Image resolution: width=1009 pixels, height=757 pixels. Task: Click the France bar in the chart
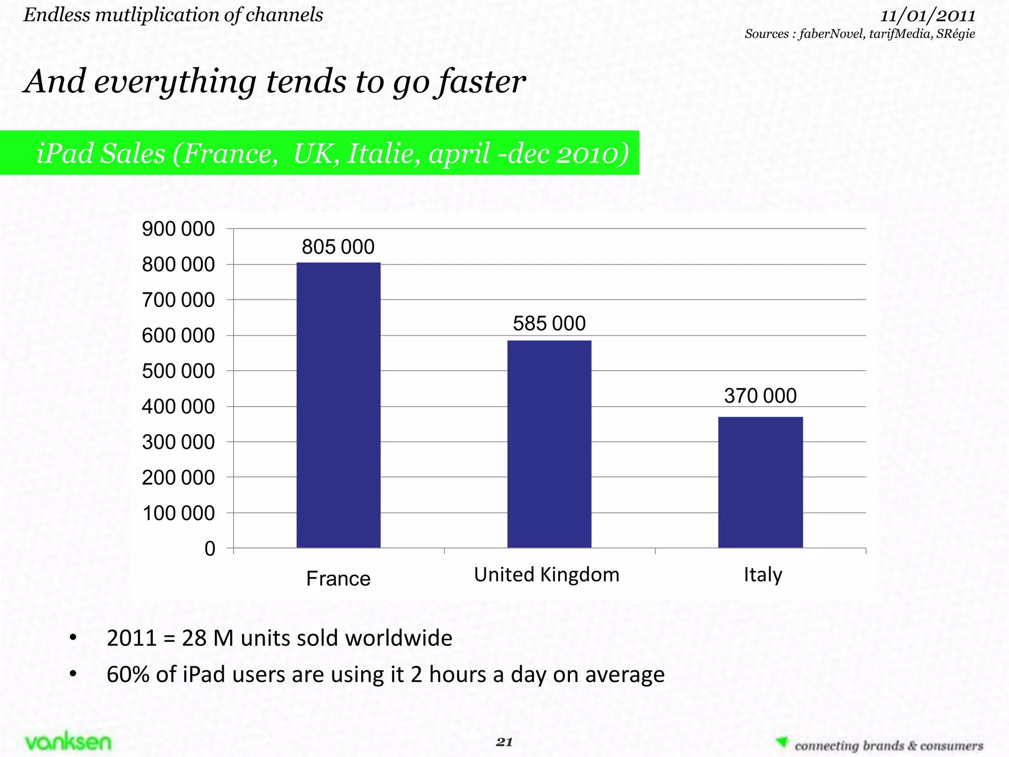point(338,405)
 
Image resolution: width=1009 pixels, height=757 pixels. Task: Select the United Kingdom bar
point(549,444)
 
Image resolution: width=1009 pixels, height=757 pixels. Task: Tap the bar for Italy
point(760,482)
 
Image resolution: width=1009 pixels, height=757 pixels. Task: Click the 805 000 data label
point(338,247)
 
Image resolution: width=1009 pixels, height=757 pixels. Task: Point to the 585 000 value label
point(549,324)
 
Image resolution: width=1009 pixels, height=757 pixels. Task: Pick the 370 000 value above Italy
point(760,396)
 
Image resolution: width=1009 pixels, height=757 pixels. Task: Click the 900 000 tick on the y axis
point(178,229)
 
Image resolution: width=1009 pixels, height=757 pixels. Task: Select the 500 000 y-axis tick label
point(178,371)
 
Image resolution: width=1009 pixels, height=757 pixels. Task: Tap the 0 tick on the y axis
point(210,549)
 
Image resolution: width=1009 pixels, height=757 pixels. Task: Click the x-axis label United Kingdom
point(546,575)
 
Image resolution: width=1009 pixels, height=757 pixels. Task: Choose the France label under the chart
point(338,579)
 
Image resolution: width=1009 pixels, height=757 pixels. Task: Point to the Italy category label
point(763,575)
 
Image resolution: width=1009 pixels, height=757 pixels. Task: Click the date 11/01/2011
point(927,16)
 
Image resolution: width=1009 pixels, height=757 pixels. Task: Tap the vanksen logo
point(68,742)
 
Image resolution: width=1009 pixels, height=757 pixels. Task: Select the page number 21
point(504,742)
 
